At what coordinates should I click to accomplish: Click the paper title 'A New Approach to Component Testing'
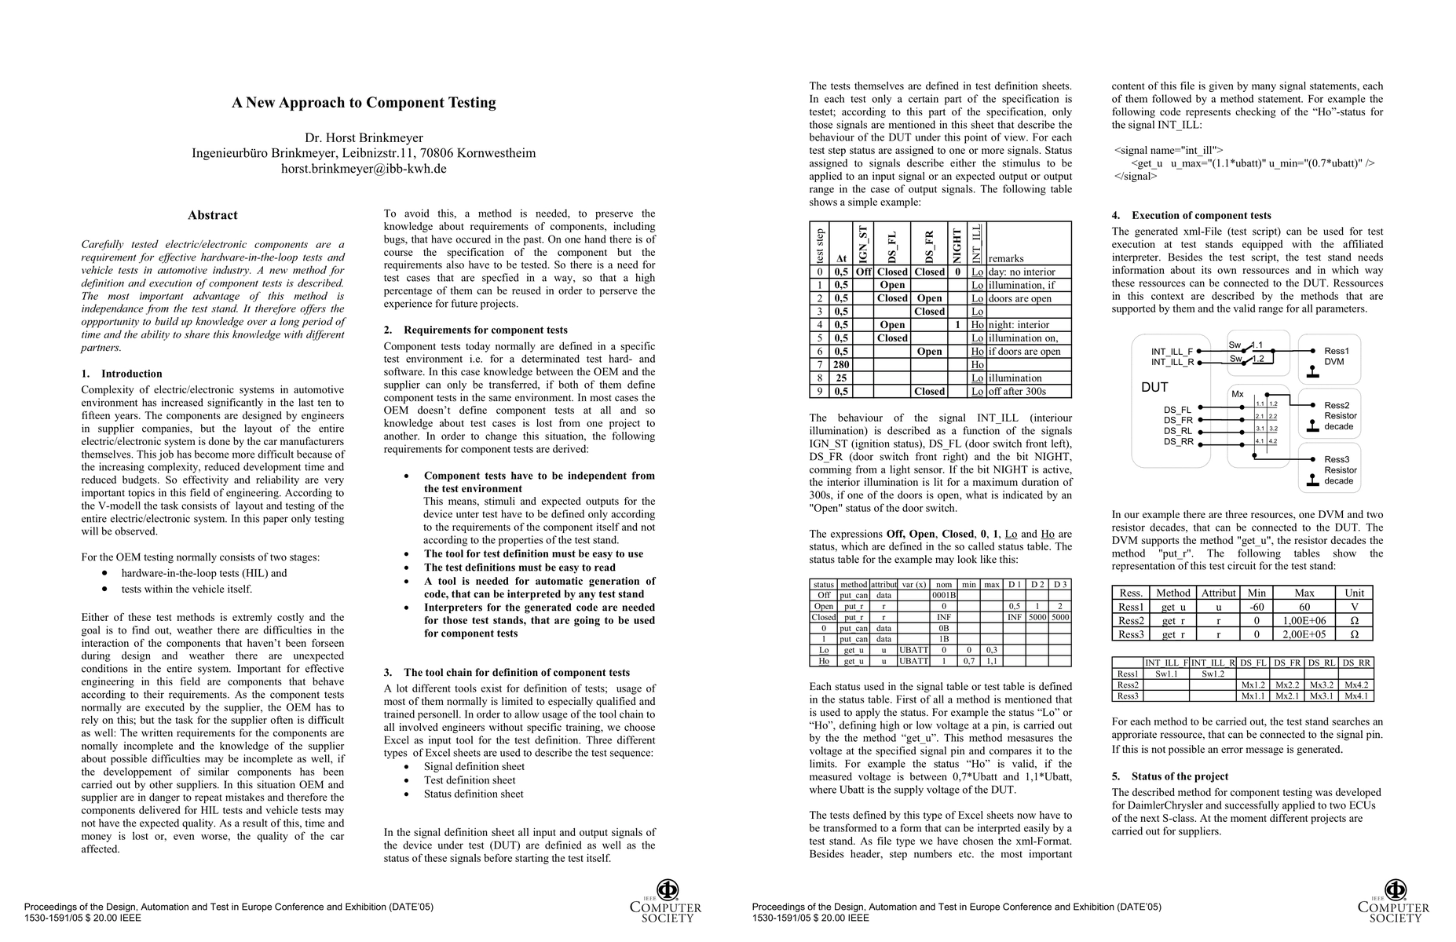coord(364,103)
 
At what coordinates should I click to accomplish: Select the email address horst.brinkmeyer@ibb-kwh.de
coord(364,169)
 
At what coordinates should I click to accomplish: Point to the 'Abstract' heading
coord(212,215)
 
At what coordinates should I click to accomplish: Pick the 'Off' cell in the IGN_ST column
coord(863,272)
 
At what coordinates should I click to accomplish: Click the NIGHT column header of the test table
coord(957,244)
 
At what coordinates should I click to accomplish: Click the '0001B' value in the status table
coord(943,595)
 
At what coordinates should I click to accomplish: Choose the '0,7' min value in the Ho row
coord(969,661)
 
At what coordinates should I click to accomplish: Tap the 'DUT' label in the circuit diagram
coord(1154,388)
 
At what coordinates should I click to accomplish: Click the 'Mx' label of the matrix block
coord(1237,394)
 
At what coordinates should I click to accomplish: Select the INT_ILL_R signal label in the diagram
coord(1172,363)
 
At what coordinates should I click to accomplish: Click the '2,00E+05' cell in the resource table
coord(1304,634)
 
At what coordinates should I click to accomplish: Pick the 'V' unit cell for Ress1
coord(1354,607)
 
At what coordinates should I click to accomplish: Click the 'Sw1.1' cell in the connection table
coord(1166,674)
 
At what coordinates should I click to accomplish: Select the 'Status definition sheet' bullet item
coord(474,794)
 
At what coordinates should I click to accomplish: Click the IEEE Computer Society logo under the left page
coord(666,901)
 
